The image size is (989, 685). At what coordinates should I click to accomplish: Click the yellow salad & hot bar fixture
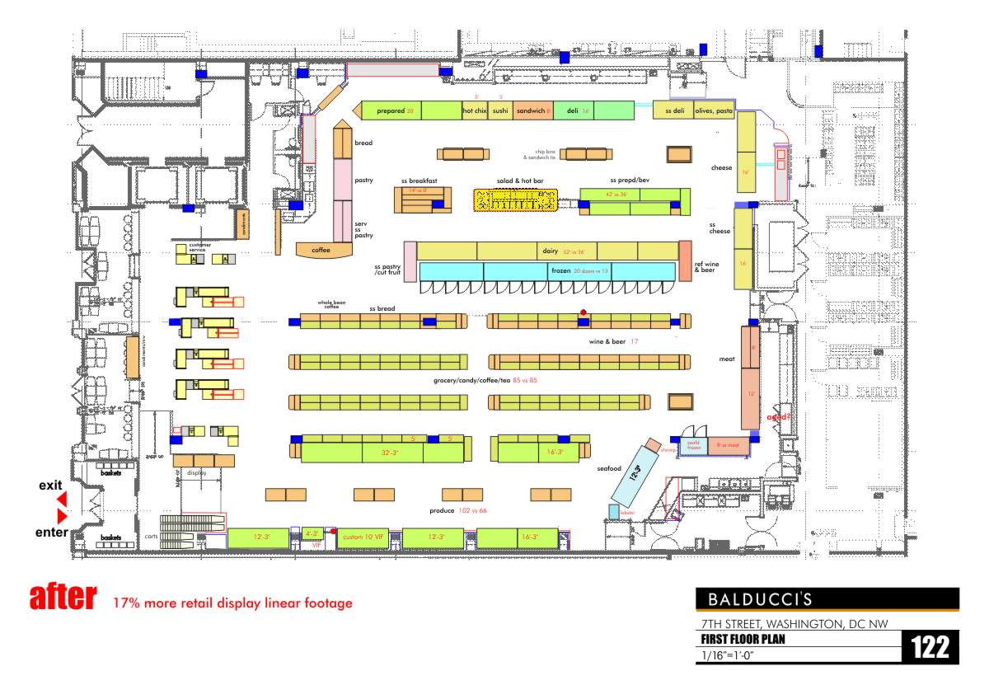(x=516, y=200)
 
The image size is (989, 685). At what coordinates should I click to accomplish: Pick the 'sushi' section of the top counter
(x=500, y=110)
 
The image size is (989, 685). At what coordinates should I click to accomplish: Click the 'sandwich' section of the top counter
(x=532, y=110)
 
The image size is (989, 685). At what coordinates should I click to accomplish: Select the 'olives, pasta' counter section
(x=714, y=110)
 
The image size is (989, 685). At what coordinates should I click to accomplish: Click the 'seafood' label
(x=608, y=469)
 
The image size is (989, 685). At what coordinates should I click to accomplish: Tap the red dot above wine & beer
(x=584, y=312)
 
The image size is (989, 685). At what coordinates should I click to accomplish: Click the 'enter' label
(x=51, y=533)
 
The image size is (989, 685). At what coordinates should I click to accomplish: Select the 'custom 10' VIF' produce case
(x=363, y=537)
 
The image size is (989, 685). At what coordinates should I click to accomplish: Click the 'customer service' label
(x=200, y=246)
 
